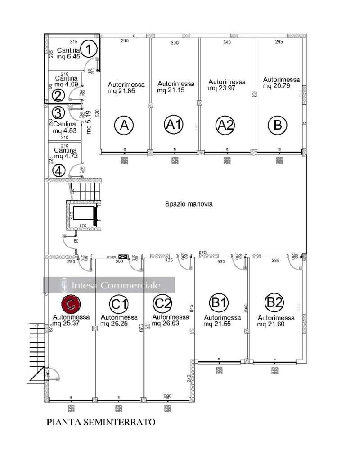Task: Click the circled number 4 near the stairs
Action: point(58,171)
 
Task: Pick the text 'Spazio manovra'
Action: point(189,204)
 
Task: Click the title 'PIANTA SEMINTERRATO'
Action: point(101,422)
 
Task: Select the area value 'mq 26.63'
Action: point(171,323)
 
